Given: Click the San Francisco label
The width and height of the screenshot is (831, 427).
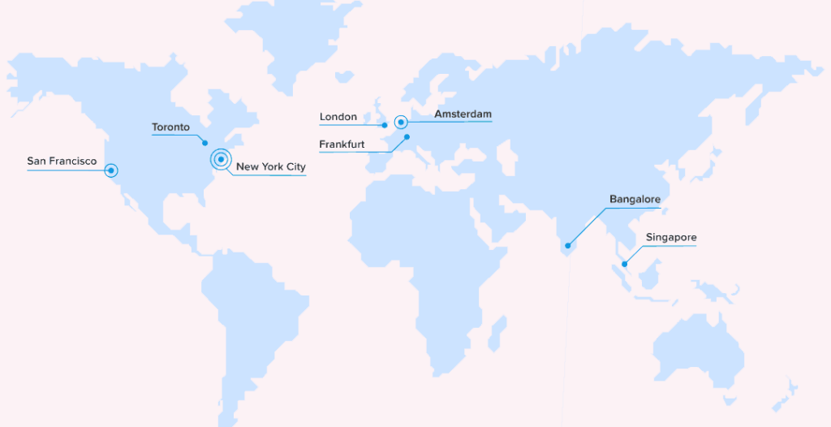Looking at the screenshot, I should (62, 162).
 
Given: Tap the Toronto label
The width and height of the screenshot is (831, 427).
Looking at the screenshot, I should (170, 127).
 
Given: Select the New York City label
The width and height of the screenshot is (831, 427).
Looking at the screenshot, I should (271, 167).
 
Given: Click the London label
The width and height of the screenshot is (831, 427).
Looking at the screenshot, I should (338, 117).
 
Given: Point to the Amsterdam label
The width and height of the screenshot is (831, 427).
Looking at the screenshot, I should (463, 114).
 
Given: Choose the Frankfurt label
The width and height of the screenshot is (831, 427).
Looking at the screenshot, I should (342, 144).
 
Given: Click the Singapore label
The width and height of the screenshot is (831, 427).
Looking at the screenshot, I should (671, 238).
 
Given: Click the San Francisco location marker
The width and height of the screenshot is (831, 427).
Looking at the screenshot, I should (111, 170).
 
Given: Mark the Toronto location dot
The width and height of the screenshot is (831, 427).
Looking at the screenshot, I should (205, 143).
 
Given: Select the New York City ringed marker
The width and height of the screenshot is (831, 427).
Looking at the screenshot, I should (221, 159).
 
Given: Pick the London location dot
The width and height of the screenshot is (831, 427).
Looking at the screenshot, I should (385, 125).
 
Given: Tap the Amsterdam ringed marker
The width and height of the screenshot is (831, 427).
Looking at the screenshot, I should (400, 123).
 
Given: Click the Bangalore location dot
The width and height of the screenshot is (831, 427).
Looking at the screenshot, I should (568, 245).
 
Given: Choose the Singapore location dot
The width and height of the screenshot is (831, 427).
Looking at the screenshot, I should (624, 263).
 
